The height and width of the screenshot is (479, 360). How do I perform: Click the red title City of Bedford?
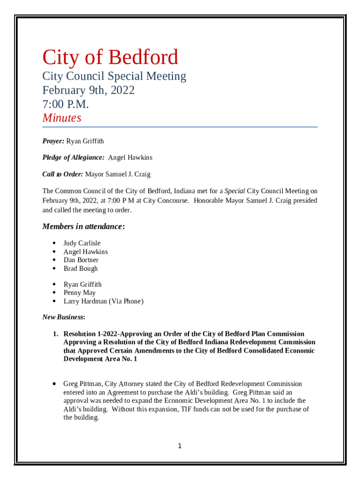(110, 58)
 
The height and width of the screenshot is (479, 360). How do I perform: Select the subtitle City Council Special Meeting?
(114, 76)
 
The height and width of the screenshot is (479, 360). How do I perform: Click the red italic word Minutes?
(62, 118)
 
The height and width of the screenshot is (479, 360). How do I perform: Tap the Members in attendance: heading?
(84, 227)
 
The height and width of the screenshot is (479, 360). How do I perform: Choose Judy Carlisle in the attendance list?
(82, 243)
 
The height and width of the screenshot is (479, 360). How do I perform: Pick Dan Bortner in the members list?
(81, 260)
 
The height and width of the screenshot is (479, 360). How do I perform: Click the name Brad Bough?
(80, 269)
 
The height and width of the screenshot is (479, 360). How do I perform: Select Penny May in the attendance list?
(79, 293)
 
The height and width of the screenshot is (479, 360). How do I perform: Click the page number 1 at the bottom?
(180, 446)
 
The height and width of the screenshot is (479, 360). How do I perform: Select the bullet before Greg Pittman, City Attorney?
(54, 384)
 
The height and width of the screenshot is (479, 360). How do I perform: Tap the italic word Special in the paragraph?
(235, 191)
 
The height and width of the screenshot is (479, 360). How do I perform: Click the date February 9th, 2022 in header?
(88, 90)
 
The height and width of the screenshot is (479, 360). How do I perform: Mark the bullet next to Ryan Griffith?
(54, 284)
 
